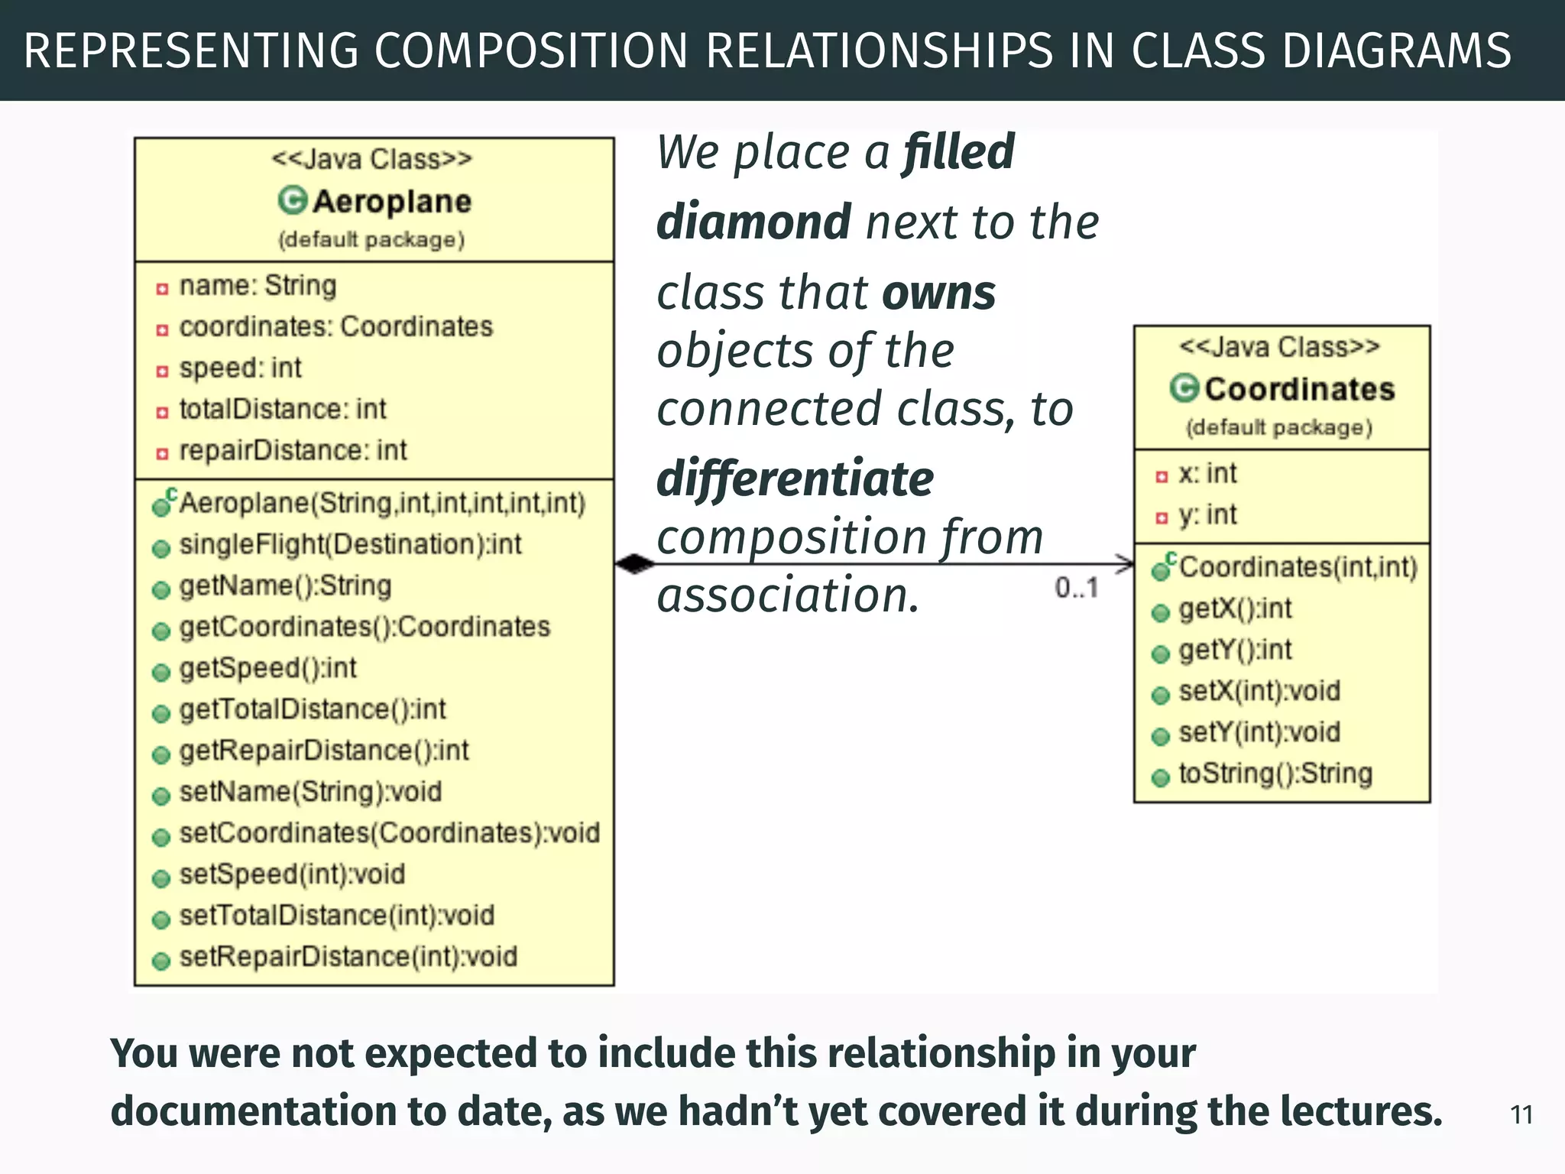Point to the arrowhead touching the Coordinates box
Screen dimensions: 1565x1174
1126,564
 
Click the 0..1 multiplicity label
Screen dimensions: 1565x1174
1077,588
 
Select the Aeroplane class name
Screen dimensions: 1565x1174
392,202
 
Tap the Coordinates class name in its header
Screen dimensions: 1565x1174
1299,389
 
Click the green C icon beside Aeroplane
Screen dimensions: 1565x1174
292,201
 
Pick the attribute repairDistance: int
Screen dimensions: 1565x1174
293,450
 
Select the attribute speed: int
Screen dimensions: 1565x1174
240,368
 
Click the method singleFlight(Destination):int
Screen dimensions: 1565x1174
350,544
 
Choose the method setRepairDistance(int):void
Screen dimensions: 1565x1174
348,957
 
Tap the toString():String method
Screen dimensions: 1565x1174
1275,773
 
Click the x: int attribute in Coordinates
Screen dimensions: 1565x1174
1207,474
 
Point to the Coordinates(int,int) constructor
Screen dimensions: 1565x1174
1298,567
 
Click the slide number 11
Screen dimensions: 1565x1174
1521,1115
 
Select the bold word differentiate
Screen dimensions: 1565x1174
795,479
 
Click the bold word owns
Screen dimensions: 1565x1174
938,293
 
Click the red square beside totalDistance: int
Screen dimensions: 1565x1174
162,413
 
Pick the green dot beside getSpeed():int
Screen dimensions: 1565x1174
161,672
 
